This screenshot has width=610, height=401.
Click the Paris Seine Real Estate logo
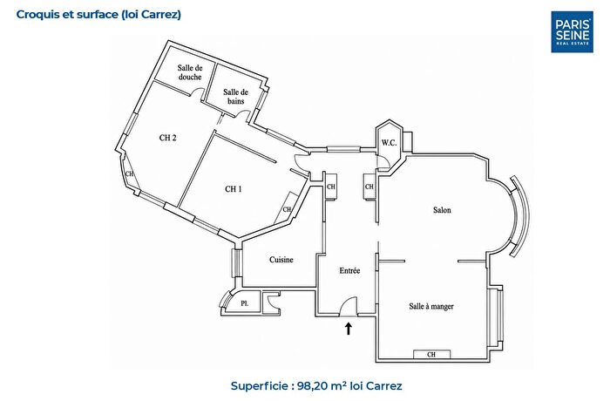pyautogui.click(x=572, y=31)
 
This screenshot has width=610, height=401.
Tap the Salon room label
pyautogui.click(x=442, y=210)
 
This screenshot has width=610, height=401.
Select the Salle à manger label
pyautogui.click(x=431, y=306)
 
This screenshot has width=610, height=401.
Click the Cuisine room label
pyautogui.click(x=281, y=260)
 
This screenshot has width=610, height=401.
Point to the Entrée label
pyautogui.click(x=349, y=270)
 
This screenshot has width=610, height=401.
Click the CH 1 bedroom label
pyautogui.click(x=234, y=189)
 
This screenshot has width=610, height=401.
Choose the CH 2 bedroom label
pyautogui.click(x=167, y=138)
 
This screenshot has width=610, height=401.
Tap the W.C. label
pyautogui.click(x=389, y=143)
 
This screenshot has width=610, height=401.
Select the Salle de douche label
pyautogui.click(x=190, y=72)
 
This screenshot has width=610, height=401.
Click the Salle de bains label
pyautogui.click(x=236, y=97)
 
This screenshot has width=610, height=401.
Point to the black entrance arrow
pyautogui.click(x=349, y=328)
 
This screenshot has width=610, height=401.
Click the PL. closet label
pyautogui.click(x=244, y=303)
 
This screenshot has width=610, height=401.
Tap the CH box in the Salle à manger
pyautogui.click(x=431, y=355)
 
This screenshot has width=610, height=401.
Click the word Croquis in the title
pyautogui.click(x=33, y=15)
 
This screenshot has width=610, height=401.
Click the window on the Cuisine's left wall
pyautogui.click(x=236, y=262)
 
